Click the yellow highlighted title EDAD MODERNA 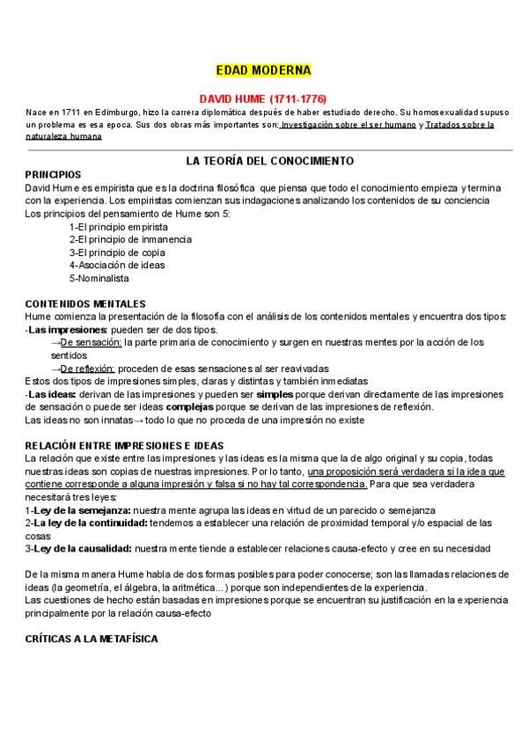coord(263,69)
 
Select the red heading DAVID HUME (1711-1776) coord(263,99)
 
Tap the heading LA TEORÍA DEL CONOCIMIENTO coord(269,161)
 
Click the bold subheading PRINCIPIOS coord(53,175)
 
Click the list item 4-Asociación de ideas coord(116,265)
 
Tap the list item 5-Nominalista coord(99,278)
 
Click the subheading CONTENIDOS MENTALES coord(85,304)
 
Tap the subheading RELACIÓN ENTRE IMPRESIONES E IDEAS coord(124,446)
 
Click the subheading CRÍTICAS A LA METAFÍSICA coord(92,639)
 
